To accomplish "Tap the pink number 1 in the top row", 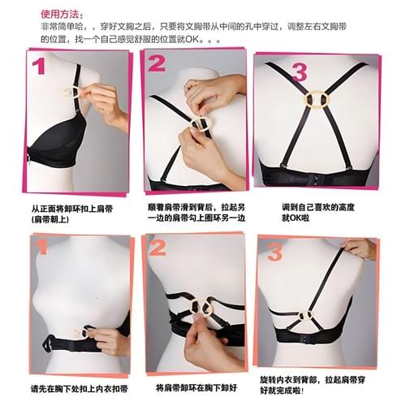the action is (38, 67).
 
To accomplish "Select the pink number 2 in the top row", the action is (157, 63).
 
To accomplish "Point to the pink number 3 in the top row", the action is (299, 72).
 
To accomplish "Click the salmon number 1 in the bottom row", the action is (41, 248).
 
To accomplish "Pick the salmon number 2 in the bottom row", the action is (158, 248).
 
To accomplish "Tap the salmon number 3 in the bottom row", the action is (275, 253).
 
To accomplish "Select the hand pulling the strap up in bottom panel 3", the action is (359, 248).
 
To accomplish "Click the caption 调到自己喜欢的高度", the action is (317, 207).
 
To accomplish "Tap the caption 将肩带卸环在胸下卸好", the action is (197, 387).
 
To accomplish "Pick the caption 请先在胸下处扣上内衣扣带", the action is (80, 389).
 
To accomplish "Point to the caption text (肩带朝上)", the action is (50, 219).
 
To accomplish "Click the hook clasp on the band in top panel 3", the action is (314, 179).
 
